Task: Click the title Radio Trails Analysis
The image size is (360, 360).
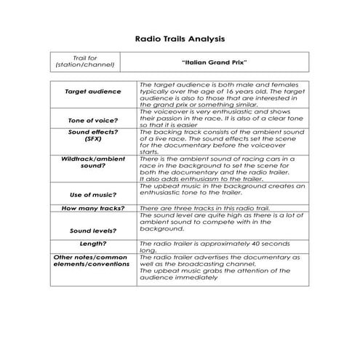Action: [180, 37]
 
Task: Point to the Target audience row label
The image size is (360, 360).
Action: [93, 92]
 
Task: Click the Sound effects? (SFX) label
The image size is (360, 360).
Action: [93, 137]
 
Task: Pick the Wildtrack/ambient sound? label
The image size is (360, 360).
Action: [93, 163]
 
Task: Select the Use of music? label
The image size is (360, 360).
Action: [93, 195]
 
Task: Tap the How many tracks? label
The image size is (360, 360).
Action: [93, 209]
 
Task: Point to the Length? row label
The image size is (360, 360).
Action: [93, 244]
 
